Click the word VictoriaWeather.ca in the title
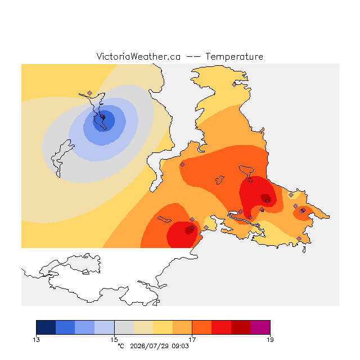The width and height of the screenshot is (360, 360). (138, 56)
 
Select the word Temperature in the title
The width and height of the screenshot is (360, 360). (234, 56)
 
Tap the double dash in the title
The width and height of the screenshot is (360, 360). (193, 57)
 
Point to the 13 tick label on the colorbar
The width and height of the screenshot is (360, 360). (36, 340)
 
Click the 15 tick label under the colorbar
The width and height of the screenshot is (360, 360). (114, 340)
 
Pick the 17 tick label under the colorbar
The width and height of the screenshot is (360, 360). (192, 340)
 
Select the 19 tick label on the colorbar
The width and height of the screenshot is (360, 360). (270, 340)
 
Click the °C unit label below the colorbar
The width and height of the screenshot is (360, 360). (121, 346)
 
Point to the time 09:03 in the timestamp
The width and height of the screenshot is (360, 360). (180, 346)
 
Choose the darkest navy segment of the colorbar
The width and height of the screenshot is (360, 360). (46, 327)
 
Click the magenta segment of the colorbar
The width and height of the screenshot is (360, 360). (260, 327)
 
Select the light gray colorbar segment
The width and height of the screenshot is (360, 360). (124, 327)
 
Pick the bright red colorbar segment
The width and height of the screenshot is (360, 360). (221, 327)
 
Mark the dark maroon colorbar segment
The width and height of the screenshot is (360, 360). (241, 327)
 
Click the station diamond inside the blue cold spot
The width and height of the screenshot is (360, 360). (102, 116)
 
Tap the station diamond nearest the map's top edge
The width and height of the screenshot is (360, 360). (234, 85)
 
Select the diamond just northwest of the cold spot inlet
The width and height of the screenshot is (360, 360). (90, 93)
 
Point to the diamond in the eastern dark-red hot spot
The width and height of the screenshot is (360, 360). (268, 201)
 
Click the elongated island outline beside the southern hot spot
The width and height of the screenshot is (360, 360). (164, 219)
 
